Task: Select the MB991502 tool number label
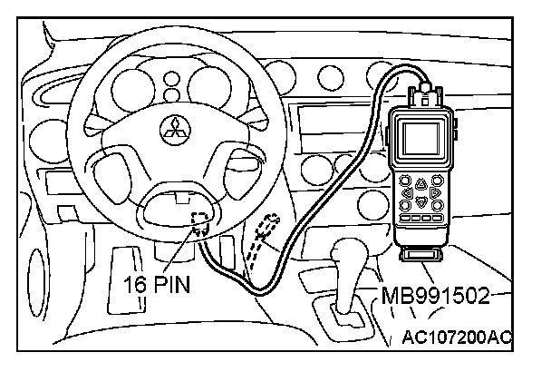[434, 296]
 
